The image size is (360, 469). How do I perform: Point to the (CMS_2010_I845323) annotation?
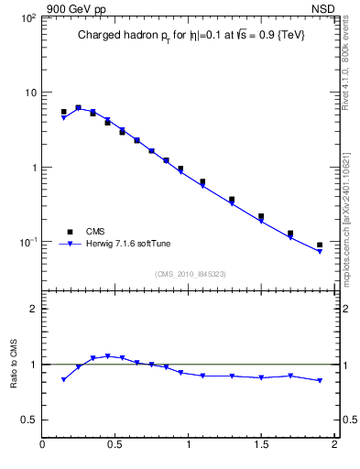click(x=190, y=273)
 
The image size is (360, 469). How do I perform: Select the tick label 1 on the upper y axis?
click(x=33, y=168)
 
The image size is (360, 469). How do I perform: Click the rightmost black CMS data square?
click(x=320, y=245)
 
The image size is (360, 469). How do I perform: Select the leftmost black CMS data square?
click(x=63, y=112)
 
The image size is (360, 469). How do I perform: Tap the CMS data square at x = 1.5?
click(x=261, y=217)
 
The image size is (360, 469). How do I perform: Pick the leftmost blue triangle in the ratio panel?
click(x=63, y=379)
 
